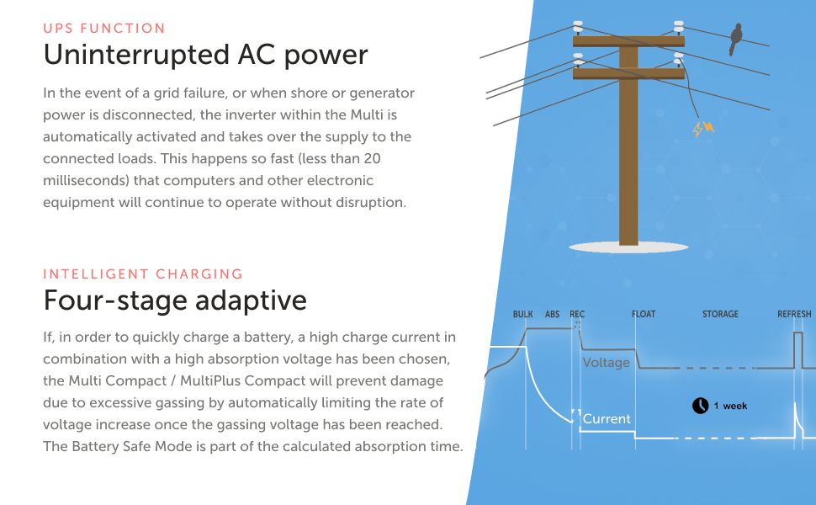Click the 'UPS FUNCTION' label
click(104, 29)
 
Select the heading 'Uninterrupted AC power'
click(205, 55)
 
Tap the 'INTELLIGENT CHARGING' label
click(143, 274)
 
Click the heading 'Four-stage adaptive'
click(175, 300)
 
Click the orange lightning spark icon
click(702, 129)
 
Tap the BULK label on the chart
click(522, 315)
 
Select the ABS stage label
click(552, 315)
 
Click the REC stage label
click(577, 315)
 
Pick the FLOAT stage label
click(644, 315)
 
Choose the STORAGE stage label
click(720, 315)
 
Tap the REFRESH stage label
click(794, 315)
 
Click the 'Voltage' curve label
click(607, 363)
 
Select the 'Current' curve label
click(607, 419)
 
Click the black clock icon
click(700, 406)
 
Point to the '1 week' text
click(730, 407)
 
